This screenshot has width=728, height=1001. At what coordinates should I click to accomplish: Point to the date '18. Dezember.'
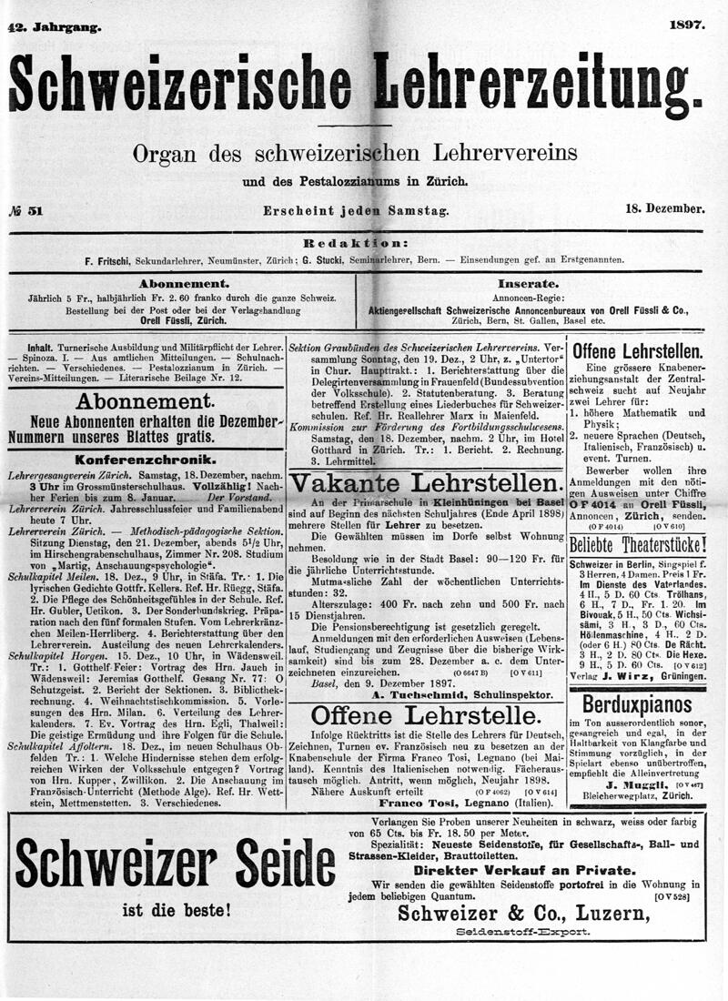tap(665, 209)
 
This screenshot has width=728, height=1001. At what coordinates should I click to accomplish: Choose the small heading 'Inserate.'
tap(529, 283)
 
